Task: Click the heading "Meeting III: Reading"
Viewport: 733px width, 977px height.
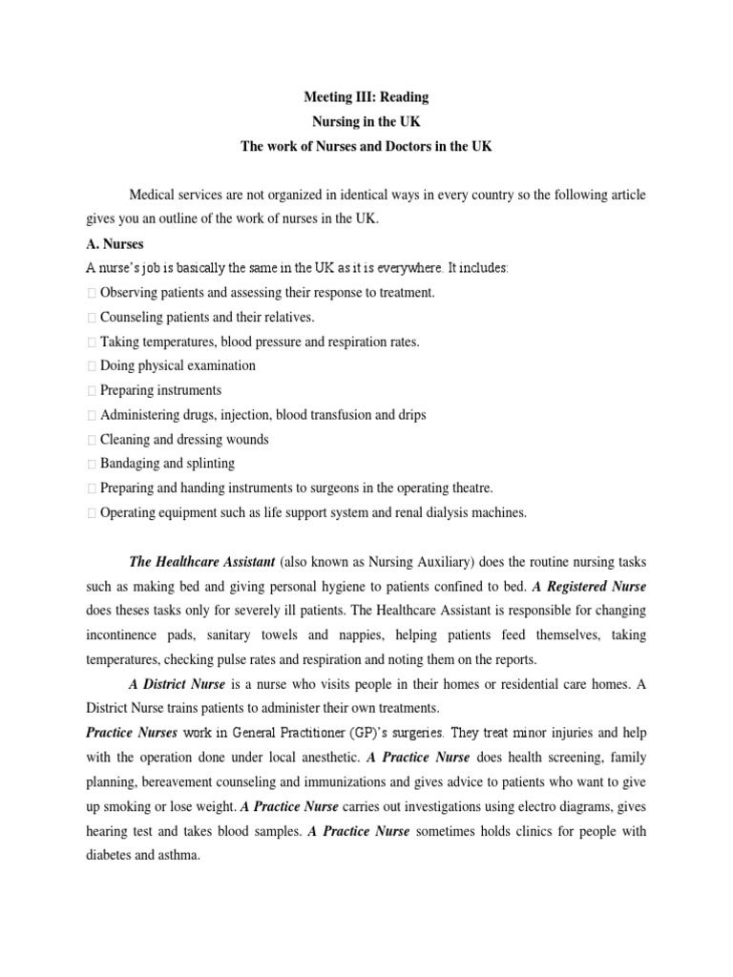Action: click(366, 97)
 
